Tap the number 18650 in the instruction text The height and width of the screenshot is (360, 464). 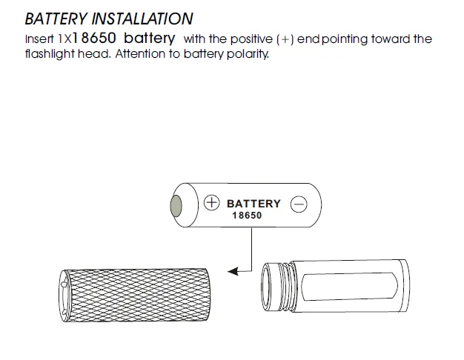coord(95,38)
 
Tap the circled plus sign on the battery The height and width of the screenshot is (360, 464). coord(211,202)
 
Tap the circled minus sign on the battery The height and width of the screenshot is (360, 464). coord(299,203)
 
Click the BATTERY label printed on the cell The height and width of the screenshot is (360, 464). coord(253,203)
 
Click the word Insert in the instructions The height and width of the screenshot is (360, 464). coord(39,39)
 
